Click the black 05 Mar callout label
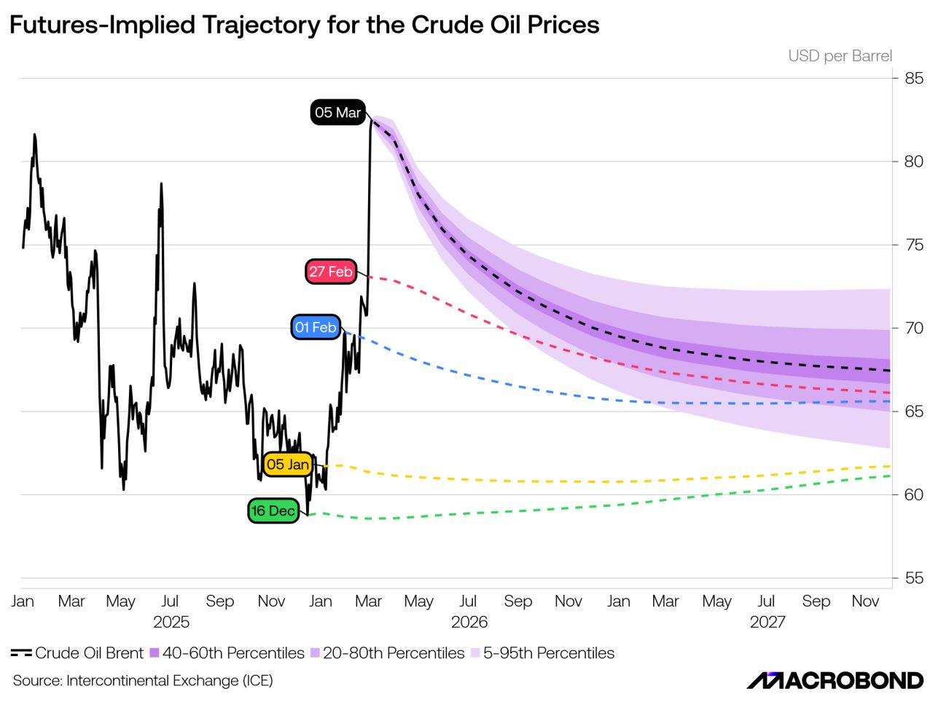click(337, 113)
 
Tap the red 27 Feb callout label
click(330, 272)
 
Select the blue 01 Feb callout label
click(316, 328)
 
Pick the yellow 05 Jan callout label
click(288, 465)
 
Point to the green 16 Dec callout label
click(273, 511)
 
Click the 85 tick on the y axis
click(913, 78)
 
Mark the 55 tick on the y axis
click(913, 578)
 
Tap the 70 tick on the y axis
click(913, 328)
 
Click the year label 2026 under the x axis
click(469, 622)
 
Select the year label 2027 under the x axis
click(768, 622)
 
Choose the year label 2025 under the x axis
click(171, 622)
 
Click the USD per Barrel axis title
click(840, 56)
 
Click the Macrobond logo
click(835, 681)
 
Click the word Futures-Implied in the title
click(103, 25)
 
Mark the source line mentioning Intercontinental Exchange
click(143, 681)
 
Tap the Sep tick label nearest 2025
click(219, 602)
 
